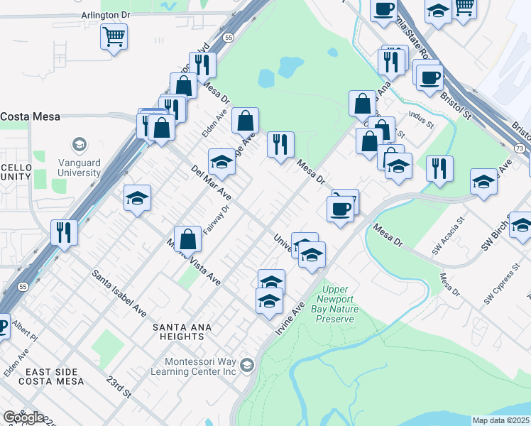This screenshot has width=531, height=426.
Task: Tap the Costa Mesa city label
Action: coord(30,116)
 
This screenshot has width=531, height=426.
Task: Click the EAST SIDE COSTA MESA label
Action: coord(54,376)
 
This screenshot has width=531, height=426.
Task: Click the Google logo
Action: coord(23,417)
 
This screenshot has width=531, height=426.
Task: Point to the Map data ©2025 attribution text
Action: coord(501,420)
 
